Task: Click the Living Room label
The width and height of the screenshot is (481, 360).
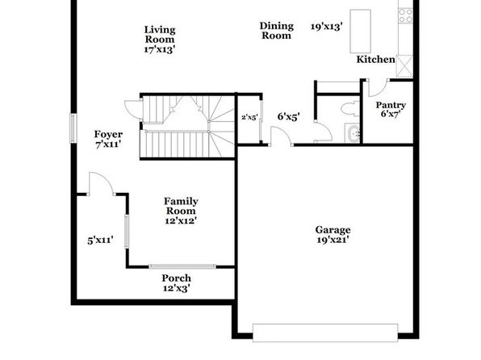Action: tap(160, 40)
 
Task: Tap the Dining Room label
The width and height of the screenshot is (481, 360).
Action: tap(276, 31)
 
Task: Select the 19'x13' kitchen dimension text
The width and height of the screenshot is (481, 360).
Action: tap(326, 27)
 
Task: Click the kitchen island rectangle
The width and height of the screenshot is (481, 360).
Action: tap(361, 31)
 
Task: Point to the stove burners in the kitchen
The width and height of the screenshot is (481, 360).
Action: tap(405, 15)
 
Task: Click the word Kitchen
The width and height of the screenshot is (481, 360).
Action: tap(376, 59)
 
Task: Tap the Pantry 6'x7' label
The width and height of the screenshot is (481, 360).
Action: tap(391, 109)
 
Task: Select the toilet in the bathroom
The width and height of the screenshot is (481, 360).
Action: tap(349, 109)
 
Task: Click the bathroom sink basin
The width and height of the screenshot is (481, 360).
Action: tap(353, 133)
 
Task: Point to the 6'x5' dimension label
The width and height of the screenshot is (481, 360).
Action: tap(288, 116)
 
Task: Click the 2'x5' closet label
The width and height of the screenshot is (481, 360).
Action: tap(249, 117)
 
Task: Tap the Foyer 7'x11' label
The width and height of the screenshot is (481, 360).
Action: tap(108, 139)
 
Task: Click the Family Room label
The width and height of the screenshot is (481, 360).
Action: tap(181, 211)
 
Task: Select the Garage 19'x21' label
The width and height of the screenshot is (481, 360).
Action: tap(333, 235)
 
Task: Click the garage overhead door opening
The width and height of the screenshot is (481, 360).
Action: tap(325, 333)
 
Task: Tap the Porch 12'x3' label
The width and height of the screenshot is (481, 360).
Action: tap(177, 283)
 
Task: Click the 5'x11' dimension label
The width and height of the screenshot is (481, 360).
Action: tap(101, 240)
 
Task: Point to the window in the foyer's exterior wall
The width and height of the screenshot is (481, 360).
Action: tap(73, 128)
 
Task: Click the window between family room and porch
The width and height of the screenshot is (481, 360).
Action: tap(182, 266)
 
